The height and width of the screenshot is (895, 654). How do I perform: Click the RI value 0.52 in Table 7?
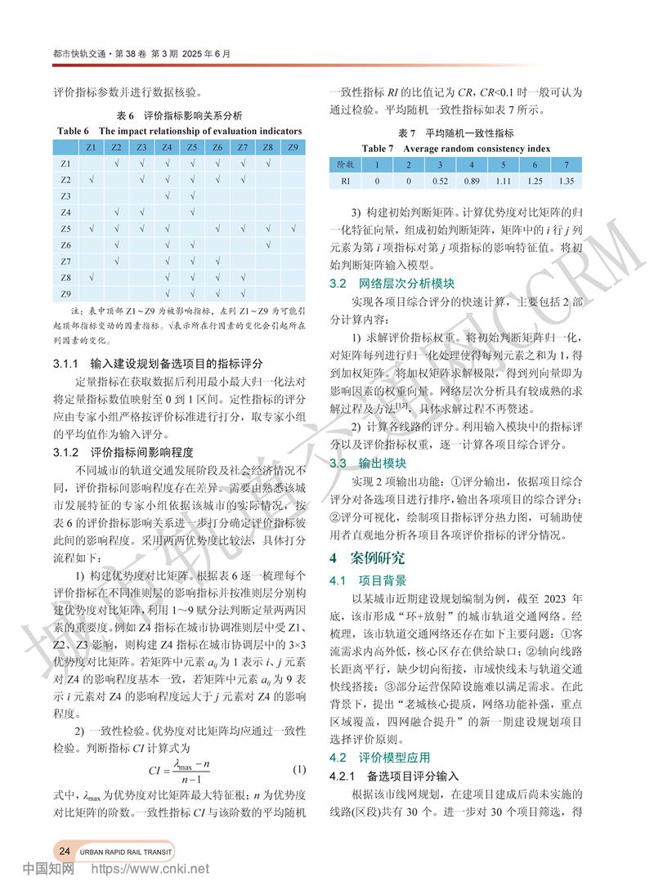pyautogui.click(x=442, y=179)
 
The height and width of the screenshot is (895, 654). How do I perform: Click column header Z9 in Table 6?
pyautogui.click(x=293, y=147)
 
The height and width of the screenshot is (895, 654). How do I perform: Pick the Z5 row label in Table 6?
pyautogui.click(x=66, y=229)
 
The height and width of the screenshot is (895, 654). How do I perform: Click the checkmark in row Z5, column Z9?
pyautogui.click(x=293, y=229)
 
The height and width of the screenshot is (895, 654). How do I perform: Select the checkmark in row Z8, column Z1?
pyautogui.click(x=92, y=278)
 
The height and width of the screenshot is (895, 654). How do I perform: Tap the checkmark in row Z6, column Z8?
pyautogui.click(x=267, y=245)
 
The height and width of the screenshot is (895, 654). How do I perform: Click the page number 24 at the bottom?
pyautogui.click(x=64, y=851)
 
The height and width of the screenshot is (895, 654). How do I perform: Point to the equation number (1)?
pyautogui.click(x=298, y=769)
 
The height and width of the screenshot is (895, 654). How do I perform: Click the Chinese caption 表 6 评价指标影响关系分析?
pyautogui.click(x=180, y=115)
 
